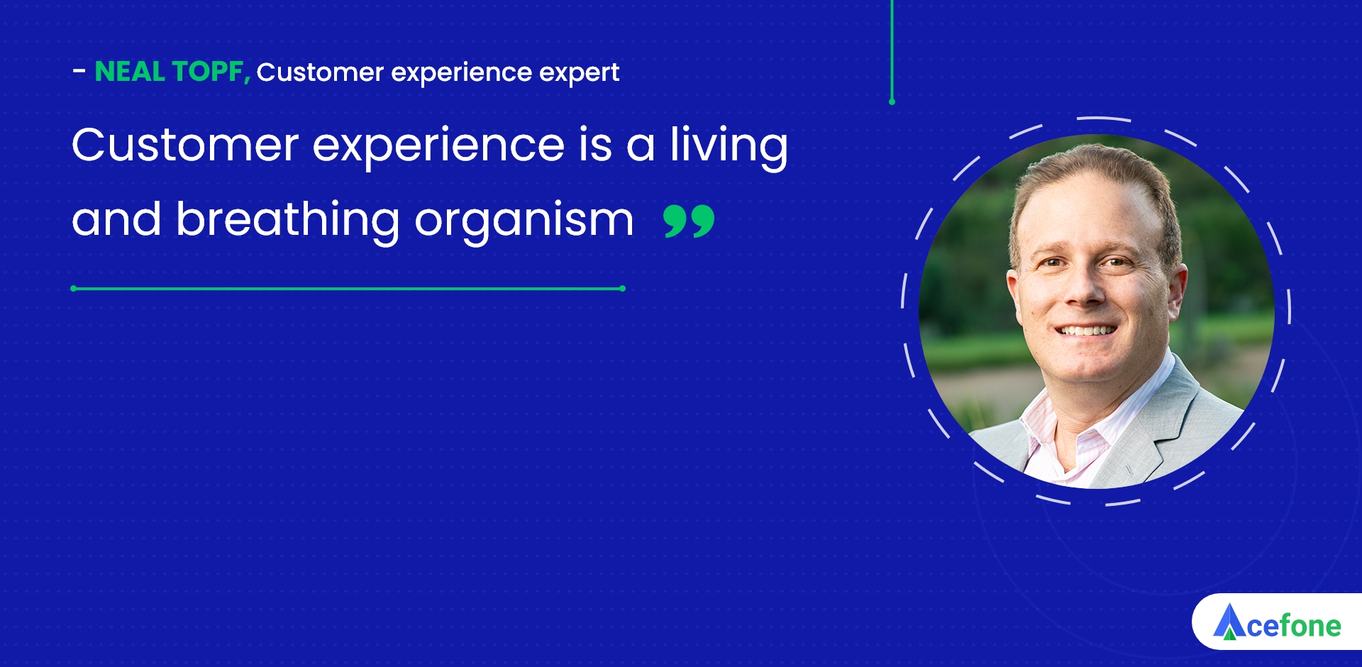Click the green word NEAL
pyautogui.click(x=130, y=72)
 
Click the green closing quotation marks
pyautogui.click(x=689, y=221)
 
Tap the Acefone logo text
pyautogui.click(x=1294, y=627)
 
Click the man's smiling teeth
pyautogui.click(x=1085, y=330)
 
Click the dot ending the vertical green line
pyautogui.click(x=892, y=102)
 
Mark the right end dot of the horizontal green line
pyautogui.click(x=622, y=289)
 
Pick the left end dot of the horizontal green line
pyautogui.click(x=74, y=289)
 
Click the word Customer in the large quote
pyautogui.click(x=185, y=145)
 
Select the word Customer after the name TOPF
pyautogui.click(x=320, y=72)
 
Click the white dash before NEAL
pyautogui.click(x=79, y=70)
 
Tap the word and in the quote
pyautogui.click(x=116, y=220)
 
